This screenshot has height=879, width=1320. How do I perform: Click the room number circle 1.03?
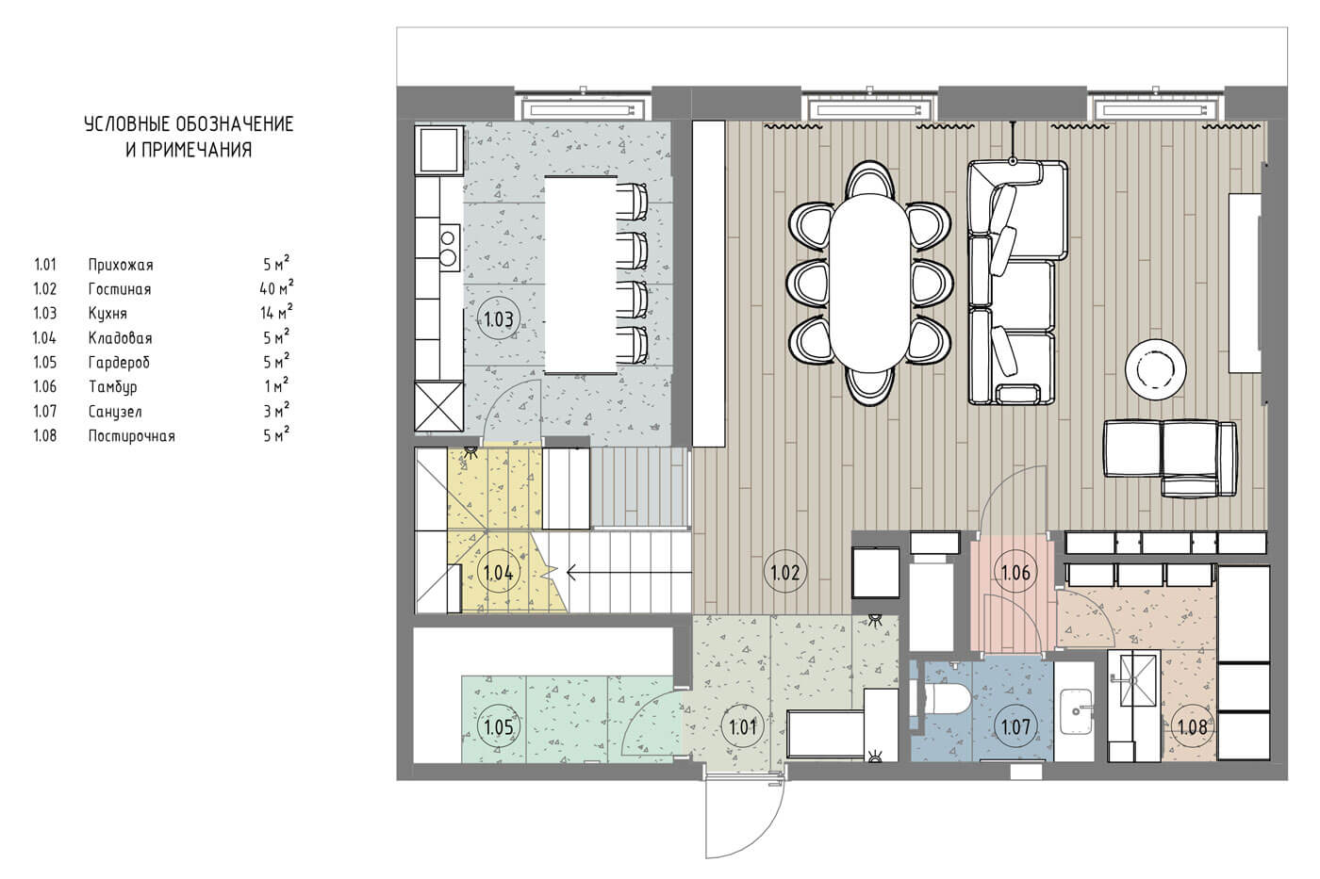[x=499, y=319]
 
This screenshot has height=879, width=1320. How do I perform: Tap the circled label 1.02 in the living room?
[x=784, y=572]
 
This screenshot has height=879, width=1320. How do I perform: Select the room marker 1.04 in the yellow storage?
[x=499, y=572]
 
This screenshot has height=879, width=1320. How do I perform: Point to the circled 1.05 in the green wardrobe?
[x=499, y=727]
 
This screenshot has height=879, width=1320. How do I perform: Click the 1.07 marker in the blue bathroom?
[x=1016, y=727]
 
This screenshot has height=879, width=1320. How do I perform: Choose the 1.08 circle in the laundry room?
[x=1193, y=727]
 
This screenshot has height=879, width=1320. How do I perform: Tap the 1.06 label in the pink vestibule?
[x=1016, y=572]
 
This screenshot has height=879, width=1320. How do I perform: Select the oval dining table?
[x=870, y=283]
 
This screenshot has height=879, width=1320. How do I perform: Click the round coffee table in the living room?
[x=1156, y=369]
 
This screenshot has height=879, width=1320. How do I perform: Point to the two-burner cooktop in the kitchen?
[x=449, y=248]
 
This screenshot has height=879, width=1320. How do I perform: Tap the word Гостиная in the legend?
[x=120, y=289]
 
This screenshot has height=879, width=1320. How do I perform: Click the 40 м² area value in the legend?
[x=276, y=287]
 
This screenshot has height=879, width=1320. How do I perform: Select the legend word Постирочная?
[x=131, y=436]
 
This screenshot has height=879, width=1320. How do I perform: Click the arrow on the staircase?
[x=629, y=571]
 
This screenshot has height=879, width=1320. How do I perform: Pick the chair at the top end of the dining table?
[x=870, y=178]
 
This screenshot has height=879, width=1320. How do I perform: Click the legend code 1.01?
[x=45, y=265]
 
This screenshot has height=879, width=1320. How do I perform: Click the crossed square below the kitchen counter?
[x=439, y=407]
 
